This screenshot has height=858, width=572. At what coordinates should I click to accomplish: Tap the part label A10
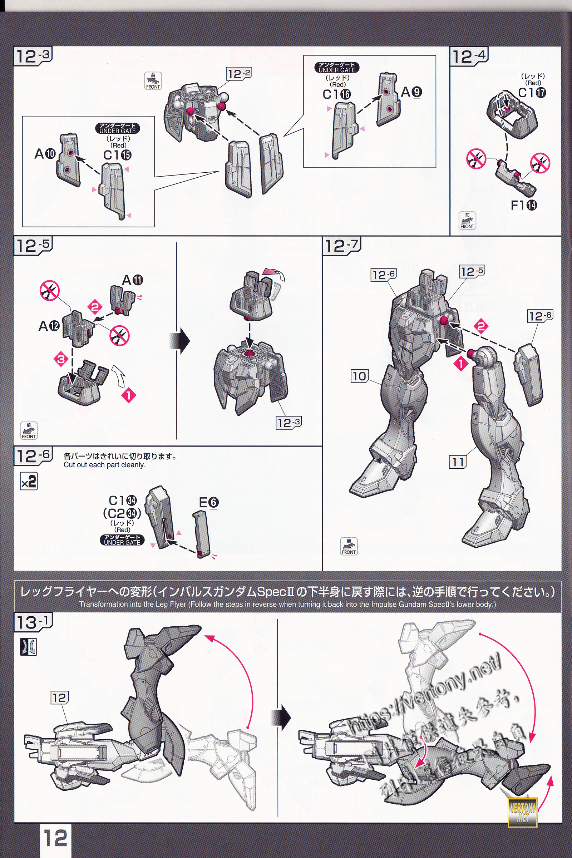click(x=45, y=154)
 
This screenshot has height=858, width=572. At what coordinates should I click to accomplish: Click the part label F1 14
click(x=524, y=205)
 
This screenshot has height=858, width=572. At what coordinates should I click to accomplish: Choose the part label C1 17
click(x=532, y=93)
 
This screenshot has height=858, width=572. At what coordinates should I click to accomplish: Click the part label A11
click(x=132, y=280)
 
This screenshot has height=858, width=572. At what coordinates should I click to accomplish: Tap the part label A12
click(x=49, y=325)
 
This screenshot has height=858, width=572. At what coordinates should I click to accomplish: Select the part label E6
click(x=209, y=503)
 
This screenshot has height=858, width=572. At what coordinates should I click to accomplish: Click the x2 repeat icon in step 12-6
click(x=29, y=482)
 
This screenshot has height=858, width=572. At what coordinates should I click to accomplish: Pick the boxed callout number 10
click(x=360, y=376)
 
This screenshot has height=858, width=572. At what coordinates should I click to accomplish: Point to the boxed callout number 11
click(x=458, y=463)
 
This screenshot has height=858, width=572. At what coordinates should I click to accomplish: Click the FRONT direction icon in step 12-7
click(x=348, y=547)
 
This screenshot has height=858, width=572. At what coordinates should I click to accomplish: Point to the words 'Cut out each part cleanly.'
click(x=104, y=465)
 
